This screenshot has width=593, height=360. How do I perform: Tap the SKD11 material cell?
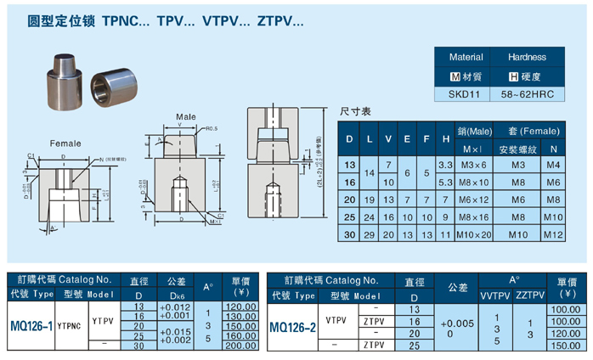465,94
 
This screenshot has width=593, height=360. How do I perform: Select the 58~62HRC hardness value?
528,94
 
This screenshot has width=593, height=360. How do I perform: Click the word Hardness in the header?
528,58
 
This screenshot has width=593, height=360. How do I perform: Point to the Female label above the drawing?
65,143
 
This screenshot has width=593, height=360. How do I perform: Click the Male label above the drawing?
186,116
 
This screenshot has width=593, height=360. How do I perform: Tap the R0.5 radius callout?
213,130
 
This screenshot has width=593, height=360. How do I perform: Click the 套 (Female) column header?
528,132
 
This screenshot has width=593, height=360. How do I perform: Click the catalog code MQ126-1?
31,325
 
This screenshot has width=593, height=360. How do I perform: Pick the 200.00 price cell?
240,346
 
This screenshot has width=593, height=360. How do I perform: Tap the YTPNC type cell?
69,324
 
